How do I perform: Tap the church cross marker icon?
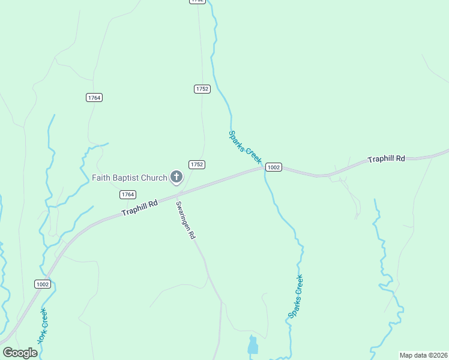coord(176,176)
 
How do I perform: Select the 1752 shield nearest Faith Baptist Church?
coord(197,164)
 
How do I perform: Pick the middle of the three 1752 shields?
coord(202,89)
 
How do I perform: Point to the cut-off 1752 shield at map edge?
coord(197,1)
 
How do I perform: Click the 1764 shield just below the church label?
coord(127,194)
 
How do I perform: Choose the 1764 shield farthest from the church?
coord(94,98)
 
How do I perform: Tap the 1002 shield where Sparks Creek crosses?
coord(273,167)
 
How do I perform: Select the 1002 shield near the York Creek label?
coord(42,284)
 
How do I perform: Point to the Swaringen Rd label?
coord(186,220)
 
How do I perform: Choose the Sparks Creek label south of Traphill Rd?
coord(295,296)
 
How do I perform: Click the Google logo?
coord(20,353)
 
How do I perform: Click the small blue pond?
coord(253,346)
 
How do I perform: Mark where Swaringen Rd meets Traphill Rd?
coord(176,196)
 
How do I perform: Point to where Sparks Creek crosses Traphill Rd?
coord(264,169)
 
